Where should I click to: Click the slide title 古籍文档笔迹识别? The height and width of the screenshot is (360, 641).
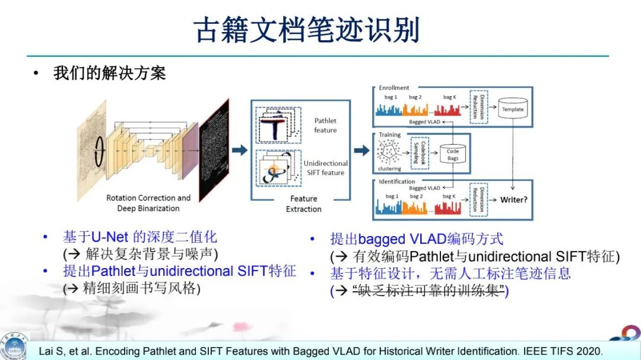307,30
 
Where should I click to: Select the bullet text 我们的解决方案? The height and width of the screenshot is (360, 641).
109,74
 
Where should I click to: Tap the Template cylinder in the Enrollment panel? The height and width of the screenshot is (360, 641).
513,111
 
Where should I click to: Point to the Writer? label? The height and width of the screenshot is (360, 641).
513,200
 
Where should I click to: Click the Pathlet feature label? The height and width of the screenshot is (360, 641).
325,125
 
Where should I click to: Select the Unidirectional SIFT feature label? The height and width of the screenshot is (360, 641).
325,168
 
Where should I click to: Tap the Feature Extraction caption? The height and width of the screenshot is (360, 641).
303,203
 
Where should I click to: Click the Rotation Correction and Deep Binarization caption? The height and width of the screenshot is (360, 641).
148,203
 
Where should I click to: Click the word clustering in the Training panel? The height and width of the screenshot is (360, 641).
389,168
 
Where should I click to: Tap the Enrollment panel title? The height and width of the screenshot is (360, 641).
394,88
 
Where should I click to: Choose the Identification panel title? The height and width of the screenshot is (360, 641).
397,181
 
